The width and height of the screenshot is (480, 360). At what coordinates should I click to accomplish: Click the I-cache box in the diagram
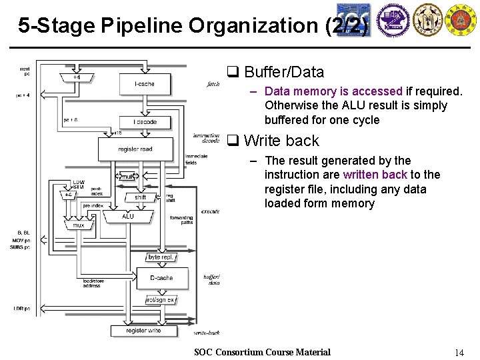click(145, 84)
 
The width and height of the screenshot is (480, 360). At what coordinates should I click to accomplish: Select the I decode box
click(145, 122)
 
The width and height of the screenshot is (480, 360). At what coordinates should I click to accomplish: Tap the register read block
click(135, 149)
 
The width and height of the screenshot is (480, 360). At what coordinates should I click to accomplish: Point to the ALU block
click(128, 217)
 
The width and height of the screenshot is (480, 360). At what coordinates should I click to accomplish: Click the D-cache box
click(162, 277)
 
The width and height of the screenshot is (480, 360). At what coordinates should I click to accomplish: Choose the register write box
click(143, 330)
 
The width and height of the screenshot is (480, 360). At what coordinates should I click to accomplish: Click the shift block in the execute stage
click(140, 197)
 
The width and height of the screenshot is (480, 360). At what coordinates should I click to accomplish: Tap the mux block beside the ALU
click(79, 225)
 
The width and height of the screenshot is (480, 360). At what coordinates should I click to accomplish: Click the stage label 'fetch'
click(213, 85)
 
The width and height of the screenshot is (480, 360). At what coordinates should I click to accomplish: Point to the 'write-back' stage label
click(206, 332)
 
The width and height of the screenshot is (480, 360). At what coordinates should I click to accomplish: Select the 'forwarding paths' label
click(181, 220)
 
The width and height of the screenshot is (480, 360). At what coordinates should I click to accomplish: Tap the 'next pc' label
click(25, 71)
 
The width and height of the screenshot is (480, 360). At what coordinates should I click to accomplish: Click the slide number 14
click(459, 352)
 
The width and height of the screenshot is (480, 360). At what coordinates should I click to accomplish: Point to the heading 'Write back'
click(281, 141)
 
